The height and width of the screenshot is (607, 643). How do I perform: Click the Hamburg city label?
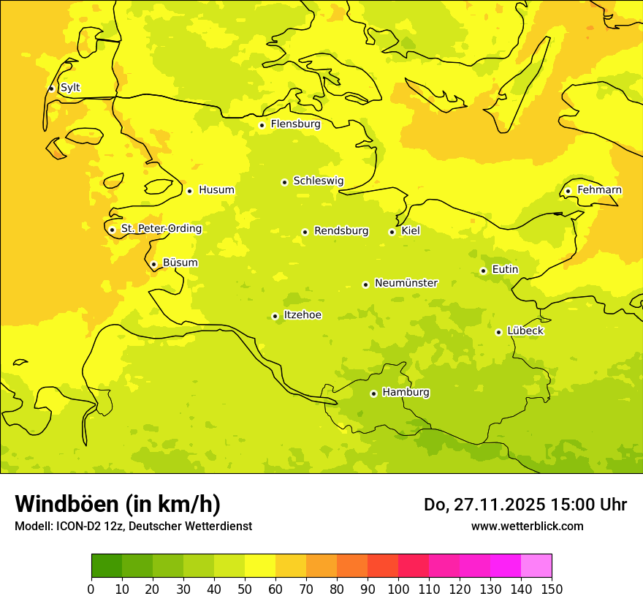coord(406,393)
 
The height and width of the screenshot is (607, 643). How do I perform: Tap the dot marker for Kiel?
coord(392,232)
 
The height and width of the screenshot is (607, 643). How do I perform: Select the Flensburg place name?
coord(295,124)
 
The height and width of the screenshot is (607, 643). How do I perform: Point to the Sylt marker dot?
coord(51,88)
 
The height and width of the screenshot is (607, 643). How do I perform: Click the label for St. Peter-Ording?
coord(161,229)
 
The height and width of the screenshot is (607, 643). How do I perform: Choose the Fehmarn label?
coord(599,190)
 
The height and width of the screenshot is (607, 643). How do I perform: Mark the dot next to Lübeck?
coord(498,332)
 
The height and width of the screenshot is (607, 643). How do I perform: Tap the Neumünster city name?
coord(406,283)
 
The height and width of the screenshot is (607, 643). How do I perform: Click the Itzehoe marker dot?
coord(275,317)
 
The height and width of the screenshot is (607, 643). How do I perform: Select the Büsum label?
coord(180,263)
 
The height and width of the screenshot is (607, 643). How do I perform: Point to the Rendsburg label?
coord(341,231)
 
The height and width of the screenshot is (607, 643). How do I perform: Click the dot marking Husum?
coord(189,191)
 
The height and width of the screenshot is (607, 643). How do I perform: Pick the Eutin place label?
coord(505,270)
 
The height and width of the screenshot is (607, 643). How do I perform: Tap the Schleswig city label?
coord(318,181)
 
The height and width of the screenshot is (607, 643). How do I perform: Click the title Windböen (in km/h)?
coord(118,504)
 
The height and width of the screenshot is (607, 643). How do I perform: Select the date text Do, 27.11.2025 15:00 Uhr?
coord(525,505)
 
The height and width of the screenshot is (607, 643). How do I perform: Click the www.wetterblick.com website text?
coord(527,526)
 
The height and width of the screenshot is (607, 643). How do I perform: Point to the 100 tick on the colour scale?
coord(398,589)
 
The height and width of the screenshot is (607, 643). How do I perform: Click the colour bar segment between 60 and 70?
coord(291,566)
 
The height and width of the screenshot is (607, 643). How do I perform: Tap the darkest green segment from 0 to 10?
coord(107,566)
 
